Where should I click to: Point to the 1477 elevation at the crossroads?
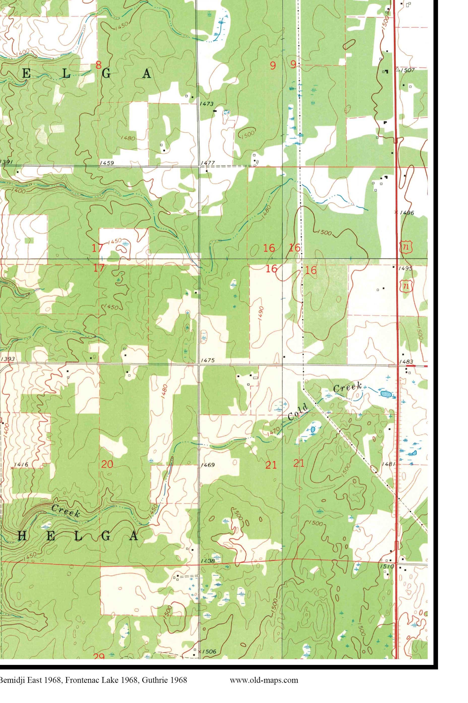click(x=208, y=163)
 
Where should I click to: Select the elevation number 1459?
click(x=107, y=163)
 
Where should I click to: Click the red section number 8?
click(x=98, y=65)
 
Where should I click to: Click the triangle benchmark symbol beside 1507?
click(x=397, y=69)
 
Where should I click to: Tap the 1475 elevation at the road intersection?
click(x=208, y=360)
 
